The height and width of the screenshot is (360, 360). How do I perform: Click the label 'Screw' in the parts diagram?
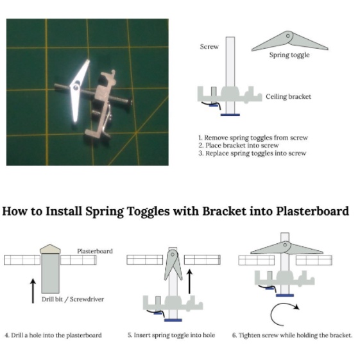tap(209, 47)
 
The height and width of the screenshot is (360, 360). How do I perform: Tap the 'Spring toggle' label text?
tap(289, 55)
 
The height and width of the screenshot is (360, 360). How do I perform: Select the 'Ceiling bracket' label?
tap(288, 97)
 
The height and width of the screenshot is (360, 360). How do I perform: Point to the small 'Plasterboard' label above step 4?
tap(95, 251)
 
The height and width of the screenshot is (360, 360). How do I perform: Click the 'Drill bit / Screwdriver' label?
tap(73, 300)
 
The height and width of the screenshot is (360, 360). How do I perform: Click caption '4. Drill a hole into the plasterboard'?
tap(53, 336)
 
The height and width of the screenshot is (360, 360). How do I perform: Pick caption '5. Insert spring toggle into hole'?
tap(171, 336)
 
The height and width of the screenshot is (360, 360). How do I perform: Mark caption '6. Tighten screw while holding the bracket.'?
tap(292, 336)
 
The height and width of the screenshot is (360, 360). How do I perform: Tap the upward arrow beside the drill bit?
tap(33, 291)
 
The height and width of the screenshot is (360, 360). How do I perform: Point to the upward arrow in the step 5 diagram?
tap(189, 282)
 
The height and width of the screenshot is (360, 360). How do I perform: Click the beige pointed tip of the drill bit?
tap(50, 249)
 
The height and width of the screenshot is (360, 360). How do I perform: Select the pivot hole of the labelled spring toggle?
tap(288, 36)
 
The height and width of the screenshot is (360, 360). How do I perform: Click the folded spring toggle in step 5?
tap(173, 264)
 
